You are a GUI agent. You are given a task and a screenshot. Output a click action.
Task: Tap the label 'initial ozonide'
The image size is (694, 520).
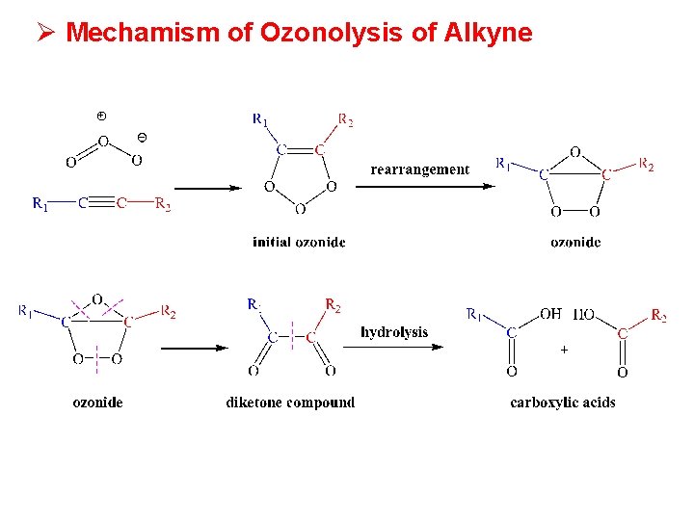[299, 242]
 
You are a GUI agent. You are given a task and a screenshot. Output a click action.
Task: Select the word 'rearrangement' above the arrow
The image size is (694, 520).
[419, 169]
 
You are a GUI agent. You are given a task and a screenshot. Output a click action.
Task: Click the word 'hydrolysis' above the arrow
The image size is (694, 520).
[394, 332]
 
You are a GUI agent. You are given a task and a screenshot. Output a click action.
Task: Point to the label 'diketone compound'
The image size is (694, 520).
[290, 403]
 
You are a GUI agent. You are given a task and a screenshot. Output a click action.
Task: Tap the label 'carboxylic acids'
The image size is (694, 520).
[562, 403]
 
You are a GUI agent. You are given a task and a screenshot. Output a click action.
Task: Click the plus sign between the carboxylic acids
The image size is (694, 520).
[564, 351]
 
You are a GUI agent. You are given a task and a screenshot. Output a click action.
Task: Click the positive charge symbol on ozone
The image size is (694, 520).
[102, 117]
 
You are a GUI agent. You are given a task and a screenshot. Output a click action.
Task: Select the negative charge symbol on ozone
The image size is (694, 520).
[143, 137]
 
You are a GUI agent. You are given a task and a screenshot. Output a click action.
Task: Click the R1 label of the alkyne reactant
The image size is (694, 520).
[40, 203]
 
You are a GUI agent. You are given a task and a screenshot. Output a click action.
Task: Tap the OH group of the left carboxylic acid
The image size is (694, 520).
[550, 314]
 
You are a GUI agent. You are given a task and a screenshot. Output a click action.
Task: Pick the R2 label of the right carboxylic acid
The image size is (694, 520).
[659, 315]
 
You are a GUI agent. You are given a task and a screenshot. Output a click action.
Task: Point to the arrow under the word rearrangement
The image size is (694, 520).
[433, 186]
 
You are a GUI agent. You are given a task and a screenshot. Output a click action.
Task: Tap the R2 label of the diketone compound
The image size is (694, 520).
[333, 306]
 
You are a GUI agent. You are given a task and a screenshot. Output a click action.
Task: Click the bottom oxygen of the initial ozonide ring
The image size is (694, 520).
[300, 209]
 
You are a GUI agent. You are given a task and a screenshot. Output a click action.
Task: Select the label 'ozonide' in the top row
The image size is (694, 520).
[575, 242]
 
